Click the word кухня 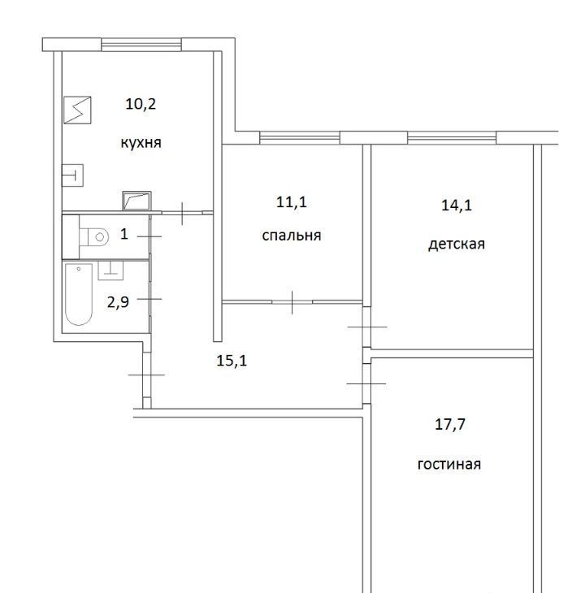(x=141, y=143)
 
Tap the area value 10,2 (x=141, y=104)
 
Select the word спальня (x=292, y=236)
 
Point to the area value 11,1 (x=291, y=202)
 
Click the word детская (x=457, y=244)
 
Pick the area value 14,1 (x=457, y=206)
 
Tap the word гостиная (x=448, y=464)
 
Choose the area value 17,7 (x=449, y=424)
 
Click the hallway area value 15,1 (x=232, y=361)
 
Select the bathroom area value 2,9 (x=118, y=302)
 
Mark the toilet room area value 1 (x=124, y=234)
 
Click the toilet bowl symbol (x=94, y=237)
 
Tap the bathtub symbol (x=79, y=294)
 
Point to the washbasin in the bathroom (x=110, y=270)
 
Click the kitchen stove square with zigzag (x=77, y=110)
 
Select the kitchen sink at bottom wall (x=136, y=201)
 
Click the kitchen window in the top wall (x=141, y=45)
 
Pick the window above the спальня (x=300, y=137)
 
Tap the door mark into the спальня (x=292, y=302)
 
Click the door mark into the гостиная (x=366, y=384)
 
